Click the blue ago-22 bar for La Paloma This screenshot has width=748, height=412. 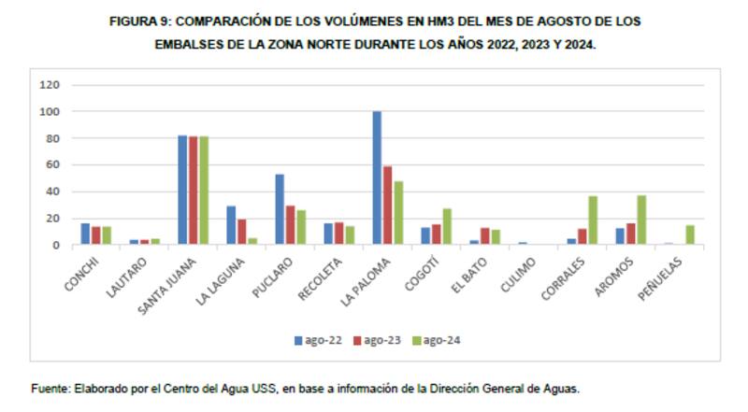(377, 178)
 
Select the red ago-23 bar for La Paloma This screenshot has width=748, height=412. (387, 206)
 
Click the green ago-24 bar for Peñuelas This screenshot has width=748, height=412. (690, 234)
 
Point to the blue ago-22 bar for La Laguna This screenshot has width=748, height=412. (231, 225)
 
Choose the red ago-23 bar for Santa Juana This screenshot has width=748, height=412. (193, 191)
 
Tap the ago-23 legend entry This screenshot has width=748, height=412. (376, 340)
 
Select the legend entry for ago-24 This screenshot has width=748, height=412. (435, 340)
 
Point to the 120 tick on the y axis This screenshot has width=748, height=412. (50, 85)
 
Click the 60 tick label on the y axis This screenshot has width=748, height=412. (53, 165)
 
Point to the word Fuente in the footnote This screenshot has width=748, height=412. (50, 390)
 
